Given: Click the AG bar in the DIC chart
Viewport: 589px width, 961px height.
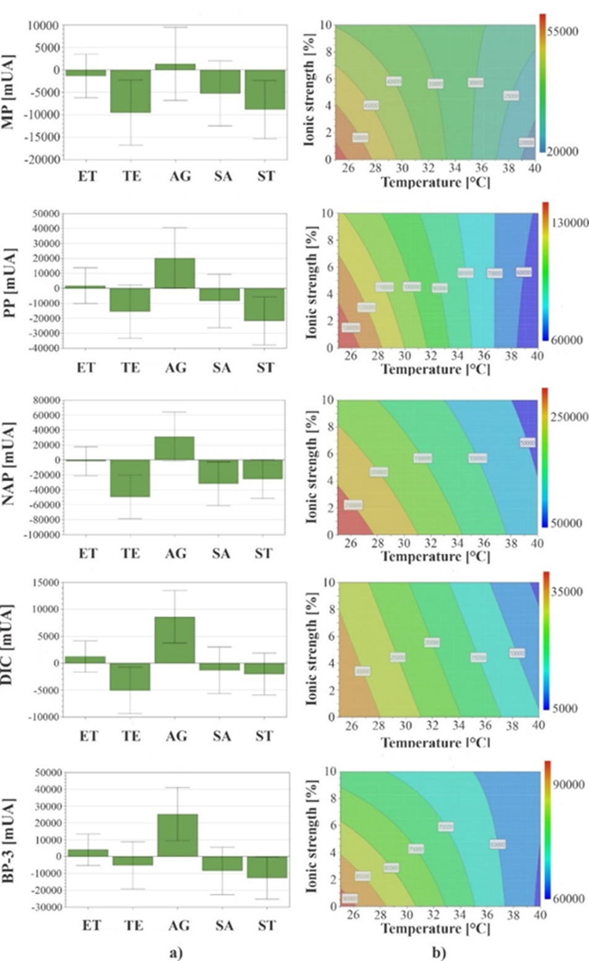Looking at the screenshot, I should tap(175, 640).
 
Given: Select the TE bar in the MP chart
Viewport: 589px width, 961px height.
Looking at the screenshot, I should tap(131, 91).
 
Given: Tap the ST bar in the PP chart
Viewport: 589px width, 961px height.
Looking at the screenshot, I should tap(265, 304).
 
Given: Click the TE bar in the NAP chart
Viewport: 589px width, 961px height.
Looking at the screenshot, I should tap(130, 478).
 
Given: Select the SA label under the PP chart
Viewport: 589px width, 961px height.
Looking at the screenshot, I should tap(221, 368).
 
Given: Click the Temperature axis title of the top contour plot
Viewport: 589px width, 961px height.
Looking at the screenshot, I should tap(435, 182).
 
